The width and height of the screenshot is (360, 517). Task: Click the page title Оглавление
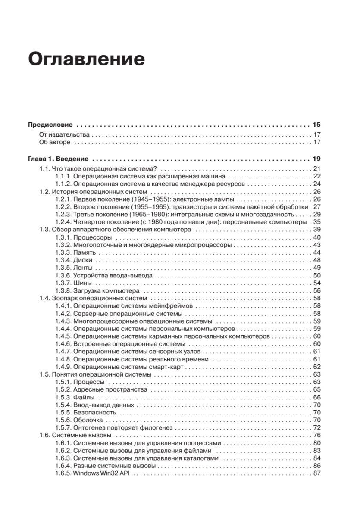click(x=86, y=59)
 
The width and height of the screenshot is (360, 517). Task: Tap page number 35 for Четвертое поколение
click(x=317, y=222)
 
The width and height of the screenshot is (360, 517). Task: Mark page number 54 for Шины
click(x=317, y=283)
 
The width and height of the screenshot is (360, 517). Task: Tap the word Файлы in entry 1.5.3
click(x=84, y=397)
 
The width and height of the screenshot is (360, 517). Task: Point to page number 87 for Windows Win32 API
click(x=317, y=473)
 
